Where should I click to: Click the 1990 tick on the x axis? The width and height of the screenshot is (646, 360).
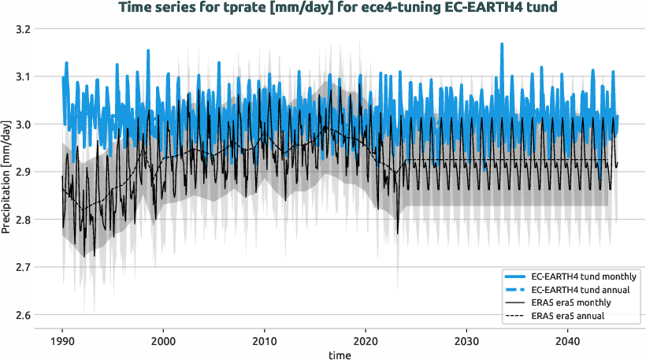point(62,334)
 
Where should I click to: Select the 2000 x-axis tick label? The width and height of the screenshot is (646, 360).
point(163,334)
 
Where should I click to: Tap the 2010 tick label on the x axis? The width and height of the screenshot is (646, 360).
point(265,334)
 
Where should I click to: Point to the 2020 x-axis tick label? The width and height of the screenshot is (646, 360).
point(366,334)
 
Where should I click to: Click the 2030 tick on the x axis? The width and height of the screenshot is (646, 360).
point(467,334)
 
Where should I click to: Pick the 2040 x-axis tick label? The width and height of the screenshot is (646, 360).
point(568,334)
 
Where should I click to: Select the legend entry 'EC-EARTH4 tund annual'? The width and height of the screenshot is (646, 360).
point(583,290)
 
